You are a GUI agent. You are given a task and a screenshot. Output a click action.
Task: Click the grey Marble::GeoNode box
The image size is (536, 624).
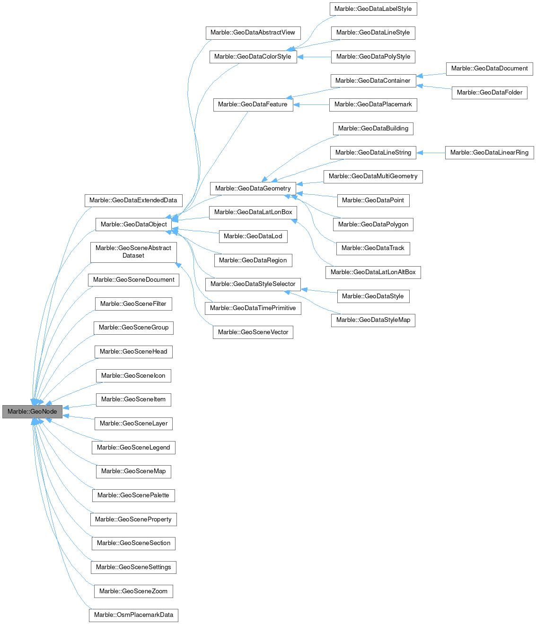pos(32,412)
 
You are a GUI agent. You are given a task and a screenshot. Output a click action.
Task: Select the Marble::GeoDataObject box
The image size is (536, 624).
pos(134,225)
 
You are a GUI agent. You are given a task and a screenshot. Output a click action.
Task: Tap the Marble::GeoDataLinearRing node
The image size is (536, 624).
pos(489,153)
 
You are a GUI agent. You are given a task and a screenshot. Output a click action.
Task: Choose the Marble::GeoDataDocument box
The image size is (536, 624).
pos(489,69)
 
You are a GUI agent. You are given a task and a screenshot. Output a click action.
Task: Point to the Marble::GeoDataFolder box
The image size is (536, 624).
pos(489,93)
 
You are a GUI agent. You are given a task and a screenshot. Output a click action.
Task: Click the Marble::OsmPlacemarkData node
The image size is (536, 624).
pos(133,615)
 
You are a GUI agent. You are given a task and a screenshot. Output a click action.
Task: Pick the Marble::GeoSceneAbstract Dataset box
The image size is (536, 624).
pos(133,252)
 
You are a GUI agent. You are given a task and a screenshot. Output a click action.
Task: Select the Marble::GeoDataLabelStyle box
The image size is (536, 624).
pos(373,9)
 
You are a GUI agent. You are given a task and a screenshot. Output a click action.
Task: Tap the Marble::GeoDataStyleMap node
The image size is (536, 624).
pos(373,320)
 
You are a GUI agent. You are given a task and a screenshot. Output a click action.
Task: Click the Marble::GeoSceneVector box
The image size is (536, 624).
pos(253,332)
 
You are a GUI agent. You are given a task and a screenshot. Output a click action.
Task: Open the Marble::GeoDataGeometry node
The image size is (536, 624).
pos(253,189)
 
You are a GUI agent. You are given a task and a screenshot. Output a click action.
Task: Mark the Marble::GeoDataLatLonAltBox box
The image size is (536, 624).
pos(373,272)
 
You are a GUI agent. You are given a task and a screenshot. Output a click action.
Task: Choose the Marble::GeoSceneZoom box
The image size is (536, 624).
pos(133,591)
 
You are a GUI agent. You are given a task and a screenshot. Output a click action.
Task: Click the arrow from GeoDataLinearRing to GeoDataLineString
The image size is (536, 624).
pos(431,153)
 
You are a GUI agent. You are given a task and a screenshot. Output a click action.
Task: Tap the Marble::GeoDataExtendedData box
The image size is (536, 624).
pos(133,200)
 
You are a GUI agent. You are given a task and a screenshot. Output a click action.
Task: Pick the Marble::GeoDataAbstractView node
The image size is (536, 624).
pos(253,33)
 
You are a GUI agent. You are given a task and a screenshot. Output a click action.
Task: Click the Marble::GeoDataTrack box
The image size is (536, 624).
pos(373,248)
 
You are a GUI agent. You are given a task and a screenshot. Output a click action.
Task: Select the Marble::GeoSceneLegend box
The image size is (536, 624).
pos(133,448)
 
